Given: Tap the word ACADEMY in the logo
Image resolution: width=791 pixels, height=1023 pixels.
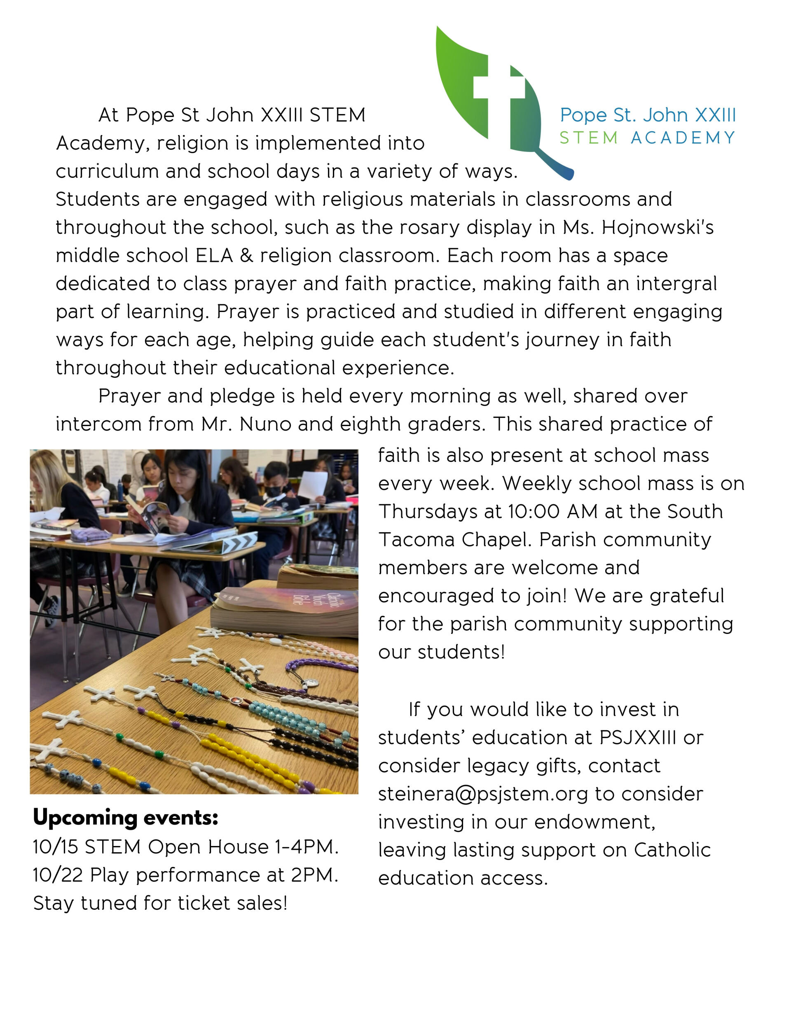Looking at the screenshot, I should [x=682, y=138].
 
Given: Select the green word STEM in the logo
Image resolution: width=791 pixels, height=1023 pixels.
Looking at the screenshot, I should [x=588, y=138].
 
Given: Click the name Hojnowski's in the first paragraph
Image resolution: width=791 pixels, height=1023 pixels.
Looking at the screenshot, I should [x=658, y=228].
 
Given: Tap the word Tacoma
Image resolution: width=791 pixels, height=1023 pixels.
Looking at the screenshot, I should [x=417, y=540].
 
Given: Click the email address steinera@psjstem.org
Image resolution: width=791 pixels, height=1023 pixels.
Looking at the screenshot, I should [x=482, y=794].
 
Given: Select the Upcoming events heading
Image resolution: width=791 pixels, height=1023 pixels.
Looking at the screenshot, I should [x=126, y=818].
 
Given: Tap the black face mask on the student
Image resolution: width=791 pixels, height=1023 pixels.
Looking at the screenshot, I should [x=274, y=492].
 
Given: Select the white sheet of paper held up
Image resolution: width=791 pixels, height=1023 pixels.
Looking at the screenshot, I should [x=313, y=485].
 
